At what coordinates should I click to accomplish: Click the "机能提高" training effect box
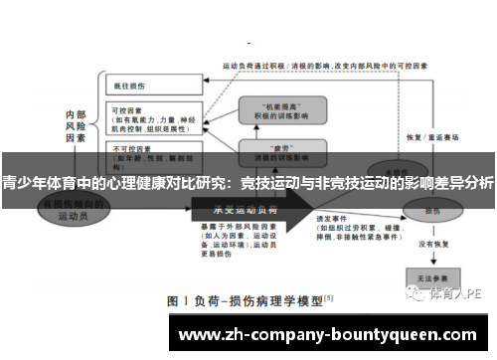[273, 110]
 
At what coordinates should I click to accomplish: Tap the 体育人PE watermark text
[452, 294]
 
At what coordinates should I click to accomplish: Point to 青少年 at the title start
[23, 182]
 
